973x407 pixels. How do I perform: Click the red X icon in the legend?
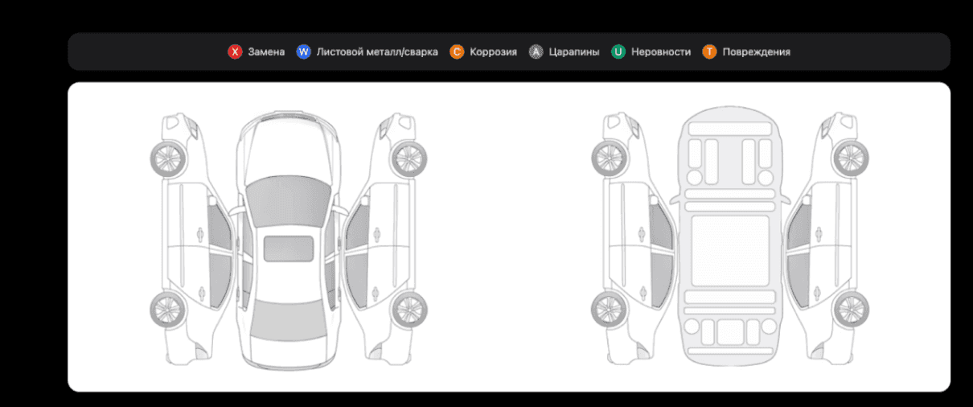click(235, 51)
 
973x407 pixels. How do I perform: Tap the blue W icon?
click(304, 51)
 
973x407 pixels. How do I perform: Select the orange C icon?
click(457, 51)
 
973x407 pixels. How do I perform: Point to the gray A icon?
click(536, 51)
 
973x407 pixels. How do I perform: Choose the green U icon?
click(618, 51)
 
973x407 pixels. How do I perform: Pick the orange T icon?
click(709, 51)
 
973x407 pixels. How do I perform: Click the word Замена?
click(266, 51)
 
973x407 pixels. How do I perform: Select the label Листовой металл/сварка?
click(377, 51)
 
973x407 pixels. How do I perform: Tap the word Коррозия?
click(494, 51)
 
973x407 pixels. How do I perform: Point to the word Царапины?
click(574, 51)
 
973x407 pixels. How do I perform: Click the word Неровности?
click(661, 51)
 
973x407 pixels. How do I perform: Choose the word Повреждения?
click(756, 51)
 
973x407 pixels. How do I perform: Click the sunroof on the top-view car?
click(289, 249)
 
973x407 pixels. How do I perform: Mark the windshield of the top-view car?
click(288, 200)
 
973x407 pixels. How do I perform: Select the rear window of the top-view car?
click(289, 319)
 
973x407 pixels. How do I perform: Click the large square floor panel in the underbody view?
click(730, 251)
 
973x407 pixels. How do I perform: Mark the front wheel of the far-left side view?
click(168, 159)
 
